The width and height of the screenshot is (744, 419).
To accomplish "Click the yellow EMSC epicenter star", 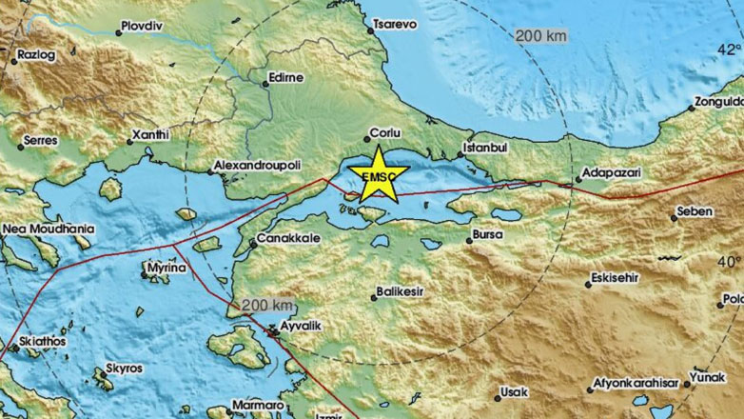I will [378, 172].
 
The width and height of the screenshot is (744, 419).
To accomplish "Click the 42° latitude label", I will [729, 49].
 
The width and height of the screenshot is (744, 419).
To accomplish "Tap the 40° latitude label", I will [729, 261].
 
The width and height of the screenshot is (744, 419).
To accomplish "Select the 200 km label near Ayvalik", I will [267, 305].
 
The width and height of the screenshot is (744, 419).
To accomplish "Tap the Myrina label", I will [165, 269].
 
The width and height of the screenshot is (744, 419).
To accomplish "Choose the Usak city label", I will [516, 391].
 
